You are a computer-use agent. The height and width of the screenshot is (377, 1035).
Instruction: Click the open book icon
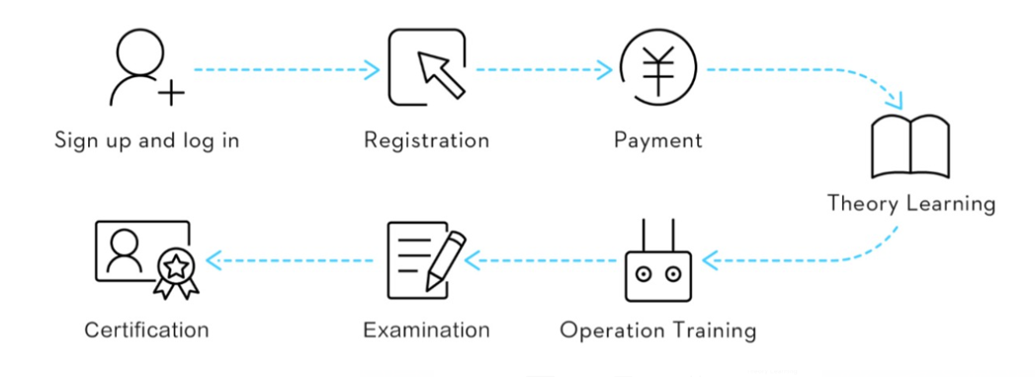point(910,146)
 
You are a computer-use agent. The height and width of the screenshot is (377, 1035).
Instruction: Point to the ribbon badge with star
point(176,276)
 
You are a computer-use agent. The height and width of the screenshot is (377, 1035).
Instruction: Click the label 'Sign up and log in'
point(146,141)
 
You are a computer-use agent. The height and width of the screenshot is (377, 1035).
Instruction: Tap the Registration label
point(426,141)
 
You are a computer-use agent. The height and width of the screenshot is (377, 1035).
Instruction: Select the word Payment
point(658,141)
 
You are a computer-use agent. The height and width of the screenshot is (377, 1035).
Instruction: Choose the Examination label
point(426,330)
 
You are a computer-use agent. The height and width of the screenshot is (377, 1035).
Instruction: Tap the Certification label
point(146,330)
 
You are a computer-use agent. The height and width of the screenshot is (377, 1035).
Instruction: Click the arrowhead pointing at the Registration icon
point(373,69)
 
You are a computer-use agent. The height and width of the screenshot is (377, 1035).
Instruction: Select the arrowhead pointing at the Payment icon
point(605,69)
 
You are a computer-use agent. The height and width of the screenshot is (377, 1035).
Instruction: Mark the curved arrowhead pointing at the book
point(895,101)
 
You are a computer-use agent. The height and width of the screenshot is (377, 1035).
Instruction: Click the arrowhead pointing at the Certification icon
point(214,260)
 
